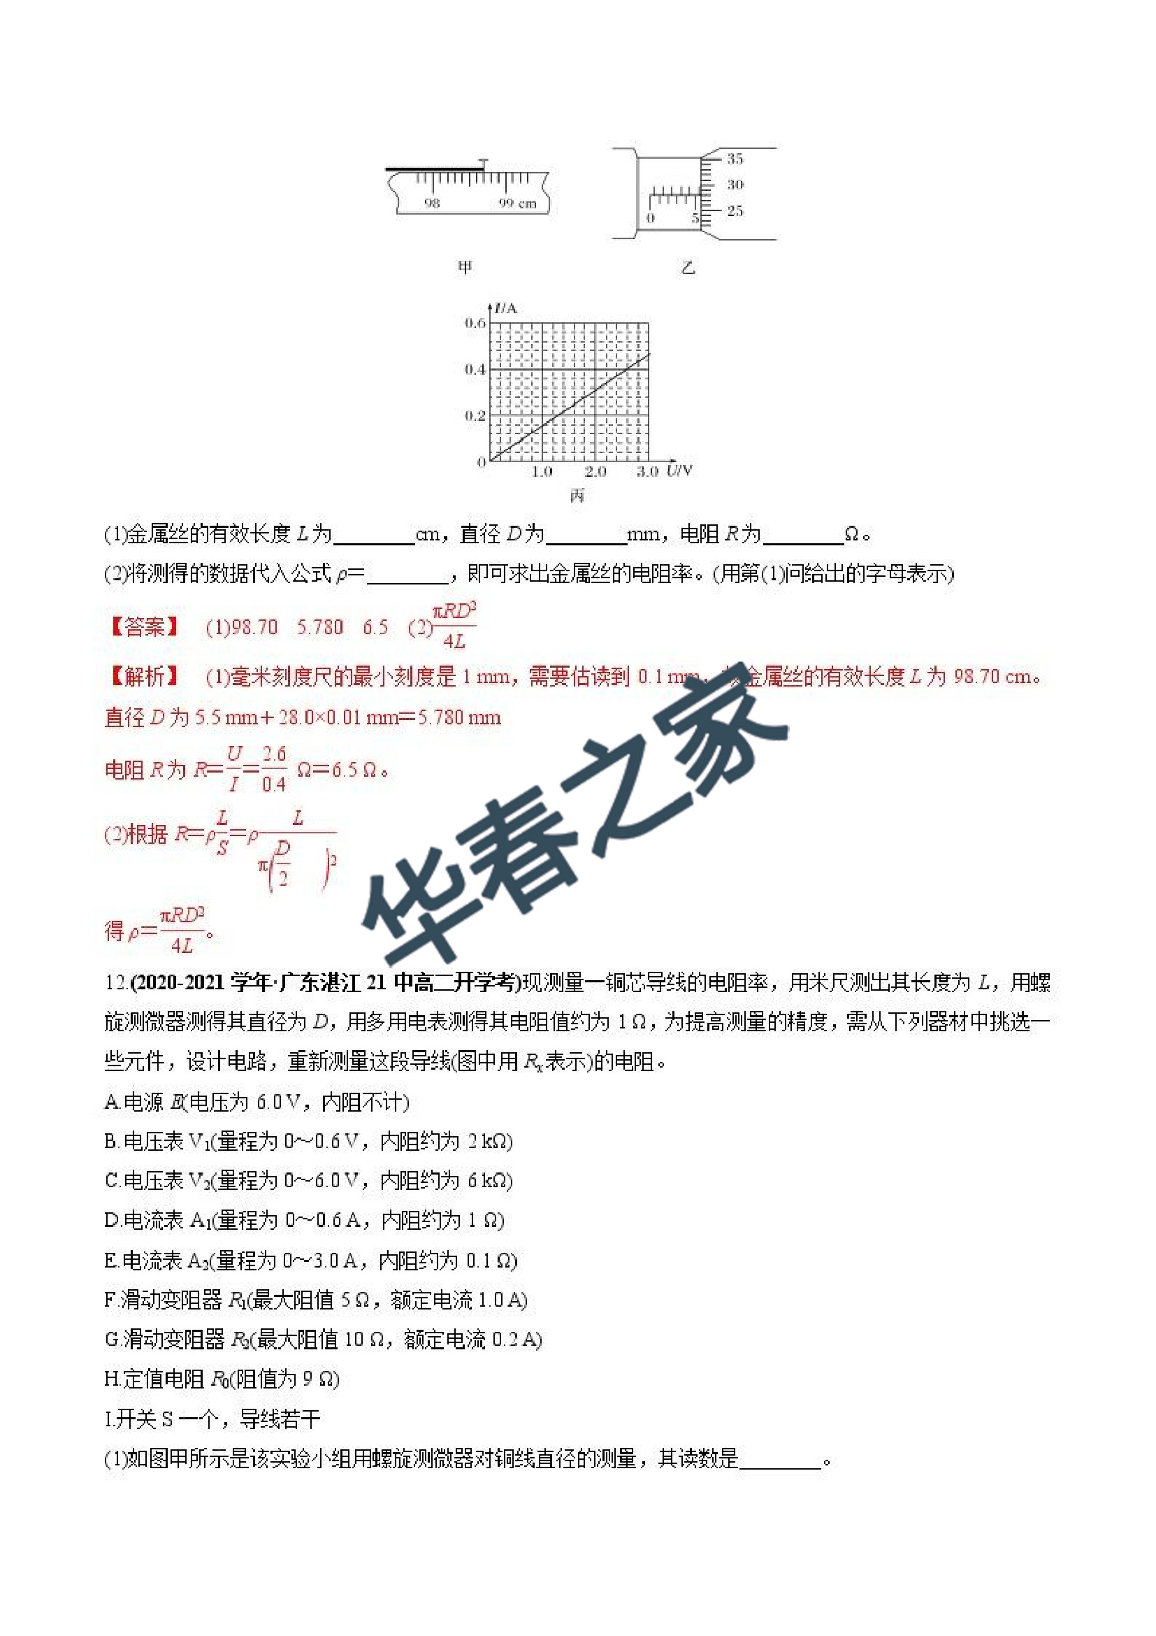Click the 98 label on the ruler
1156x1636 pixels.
(432, 203)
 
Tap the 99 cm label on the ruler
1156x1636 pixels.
(517, 203)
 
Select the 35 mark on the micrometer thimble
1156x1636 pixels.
(735, 158)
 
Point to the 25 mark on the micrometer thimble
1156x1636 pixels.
(735, 211)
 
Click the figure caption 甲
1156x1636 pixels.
(464, 267)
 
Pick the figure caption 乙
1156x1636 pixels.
(687, 268)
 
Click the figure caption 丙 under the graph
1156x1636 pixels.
(577, 494)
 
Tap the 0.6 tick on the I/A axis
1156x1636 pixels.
(475, 323)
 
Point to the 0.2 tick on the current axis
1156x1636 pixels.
(475, 415)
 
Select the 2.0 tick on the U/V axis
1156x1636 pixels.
(595, 472)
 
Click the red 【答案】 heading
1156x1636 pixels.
(144, 627)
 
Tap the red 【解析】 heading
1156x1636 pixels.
(144, 675)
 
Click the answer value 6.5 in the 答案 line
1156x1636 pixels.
(375, 627)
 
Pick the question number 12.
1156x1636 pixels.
(115, 983)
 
